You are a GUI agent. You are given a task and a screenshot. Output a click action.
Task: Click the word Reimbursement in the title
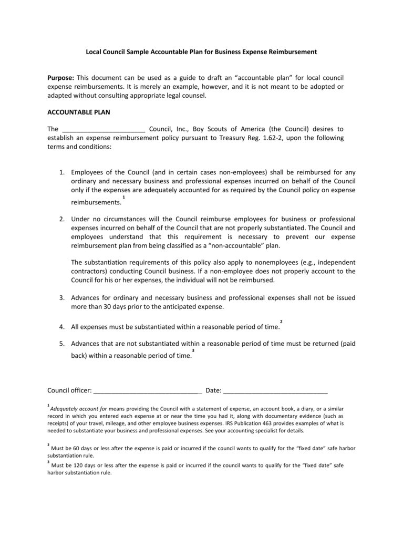click(x=293, y=53)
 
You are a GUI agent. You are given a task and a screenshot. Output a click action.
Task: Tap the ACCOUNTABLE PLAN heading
click(x=79, y=112)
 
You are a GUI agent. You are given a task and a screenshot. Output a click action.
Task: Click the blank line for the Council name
click(x=104, y=129)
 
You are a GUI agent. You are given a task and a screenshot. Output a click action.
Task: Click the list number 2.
click(x=61, y=219)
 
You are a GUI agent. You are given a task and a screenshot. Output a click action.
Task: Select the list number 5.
click(x=61, y=344)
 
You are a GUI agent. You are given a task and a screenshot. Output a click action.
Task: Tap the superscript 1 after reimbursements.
click(x=123, y=197)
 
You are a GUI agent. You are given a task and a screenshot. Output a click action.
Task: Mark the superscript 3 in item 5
click(x=193, y=350)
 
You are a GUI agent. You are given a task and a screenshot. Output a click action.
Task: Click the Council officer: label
click(x=69, y=390)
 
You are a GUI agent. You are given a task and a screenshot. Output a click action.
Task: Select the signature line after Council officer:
click(x=148, y=391)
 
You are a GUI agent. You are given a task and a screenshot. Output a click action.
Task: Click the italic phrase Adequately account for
click(x=78, y=408)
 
